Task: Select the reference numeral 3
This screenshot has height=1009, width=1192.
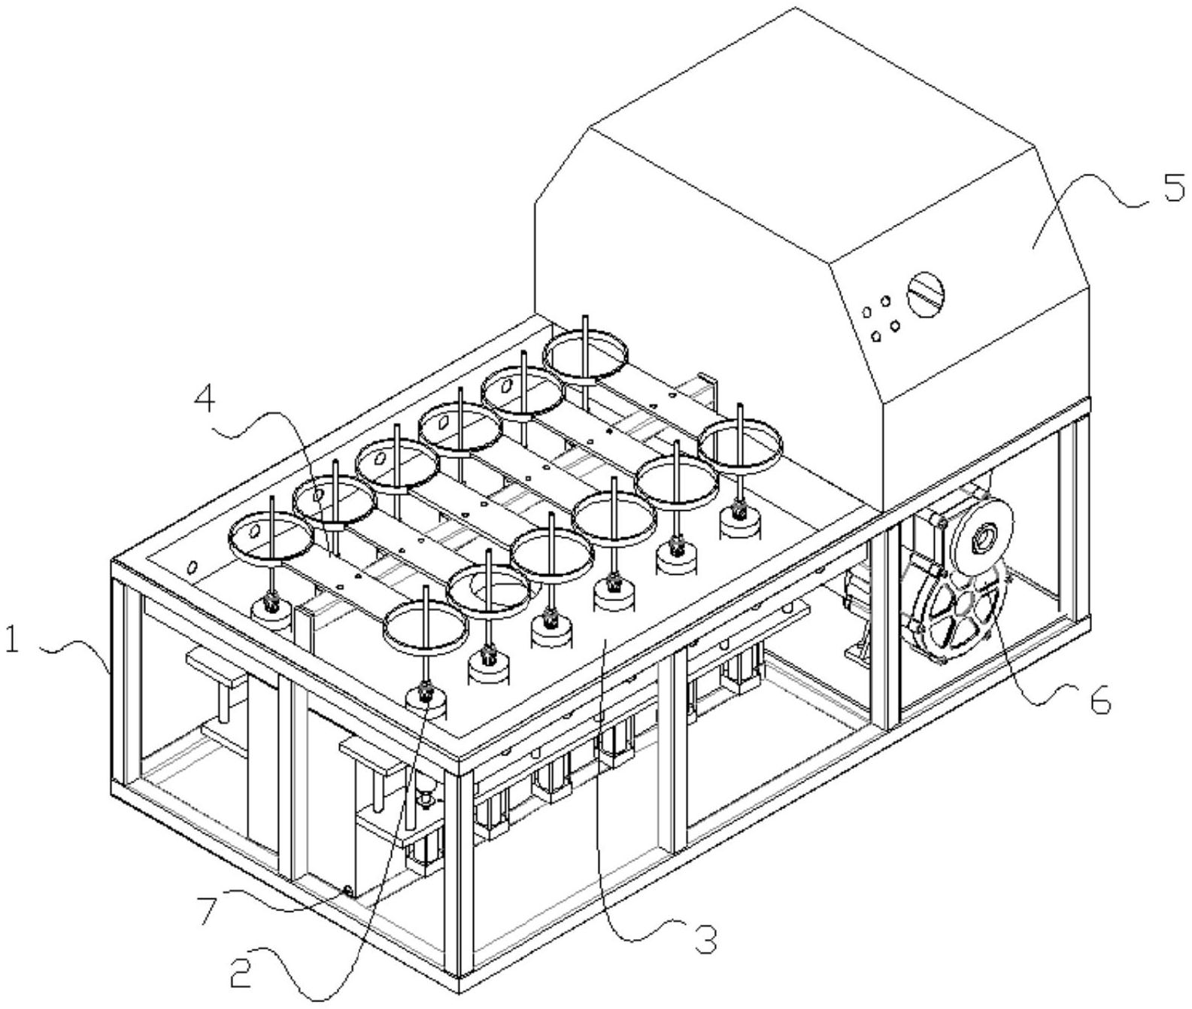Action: (705, 938)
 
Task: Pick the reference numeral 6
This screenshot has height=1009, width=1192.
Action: (1099, 701)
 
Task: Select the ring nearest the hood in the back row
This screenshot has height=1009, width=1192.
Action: (587, 355)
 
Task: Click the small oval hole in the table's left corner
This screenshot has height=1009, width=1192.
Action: (193, 566)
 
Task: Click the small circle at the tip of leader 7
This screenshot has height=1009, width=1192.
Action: (347, 891)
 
